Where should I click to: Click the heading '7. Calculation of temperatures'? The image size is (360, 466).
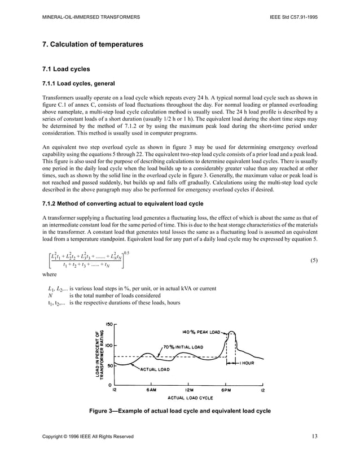pyautogui.click(x=93, y=44)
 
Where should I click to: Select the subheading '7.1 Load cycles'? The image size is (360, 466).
pyautogui.click(x=67, y=69)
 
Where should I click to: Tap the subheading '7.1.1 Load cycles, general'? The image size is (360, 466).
pyautogui.click(x=79, y=85)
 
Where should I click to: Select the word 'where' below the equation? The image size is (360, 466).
pyautogui.click(x=50, y=275)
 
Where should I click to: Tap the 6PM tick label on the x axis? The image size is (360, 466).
pyautogui.click(x=226, y=390)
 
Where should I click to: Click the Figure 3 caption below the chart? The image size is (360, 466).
pyautogui.click(x=180, y=411)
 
